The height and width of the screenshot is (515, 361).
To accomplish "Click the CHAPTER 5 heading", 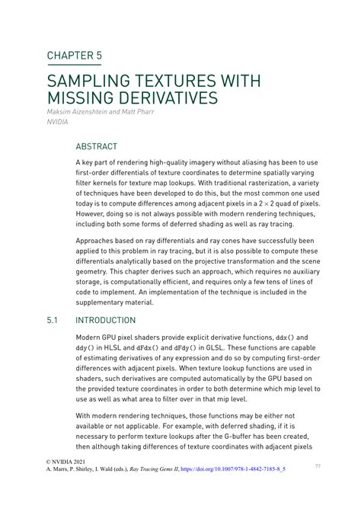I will (74, 56).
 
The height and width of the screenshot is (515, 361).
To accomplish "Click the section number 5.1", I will (53, 321).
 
